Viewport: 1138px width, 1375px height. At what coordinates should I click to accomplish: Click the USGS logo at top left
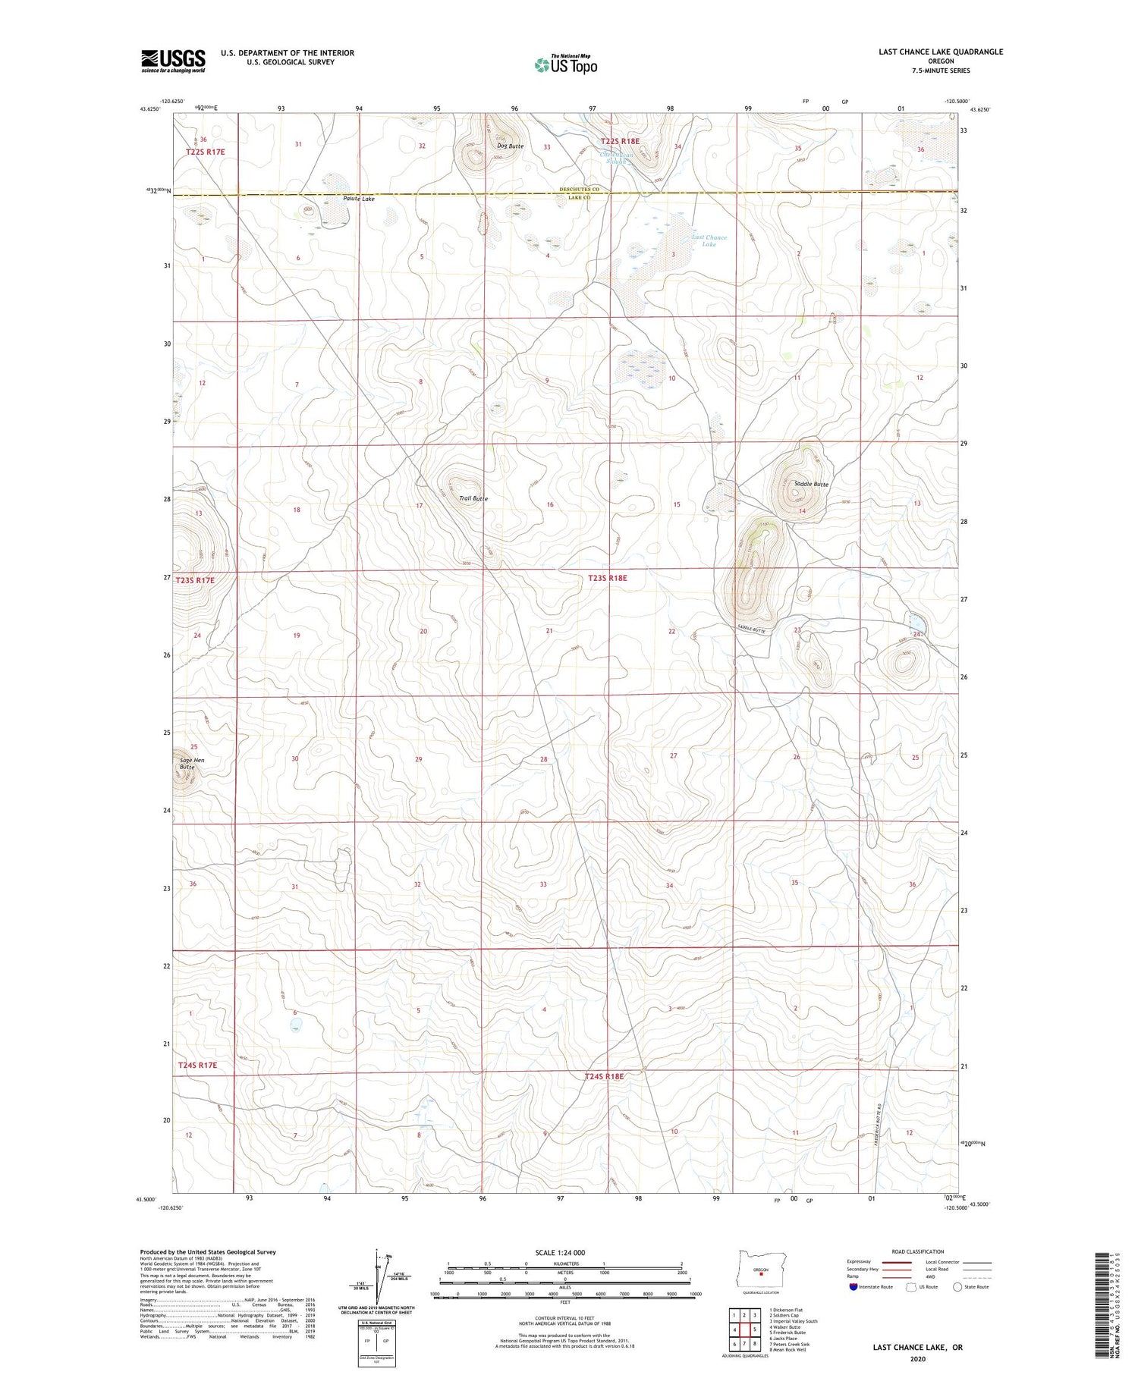click(173, 61)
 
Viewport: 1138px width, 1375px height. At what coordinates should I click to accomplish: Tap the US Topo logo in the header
click(566, 64)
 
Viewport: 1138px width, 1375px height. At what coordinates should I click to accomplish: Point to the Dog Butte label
click(509, 146)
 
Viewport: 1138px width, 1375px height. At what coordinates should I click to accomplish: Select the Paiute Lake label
click(358, 199)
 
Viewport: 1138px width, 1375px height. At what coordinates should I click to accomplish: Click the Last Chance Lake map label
click(709, 241)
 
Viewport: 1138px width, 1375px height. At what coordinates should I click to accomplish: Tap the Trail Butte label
click(473, 499)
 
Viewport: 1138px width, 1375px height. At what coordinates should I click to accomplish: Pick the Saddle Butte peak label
click(811, 484)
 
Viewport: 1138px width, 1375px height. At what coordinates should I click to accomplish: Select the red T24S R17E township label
click(197, 1066)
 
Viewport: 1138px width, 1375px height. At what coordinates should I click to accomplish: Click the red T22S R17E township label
click(206, 152)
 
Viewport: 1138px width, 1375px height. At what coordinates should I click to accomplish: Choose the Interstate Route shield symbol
click(853, 1286)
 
